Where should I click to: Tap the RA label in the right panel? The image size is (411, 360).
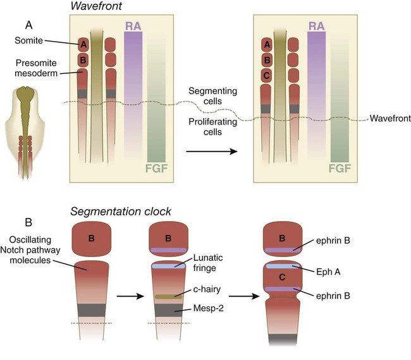point(316,26)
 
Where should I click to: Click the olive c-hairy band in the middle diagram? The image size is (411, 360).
point(164,295)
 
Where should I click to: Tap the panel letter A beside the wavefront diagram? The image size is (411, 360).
point(29,25)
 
